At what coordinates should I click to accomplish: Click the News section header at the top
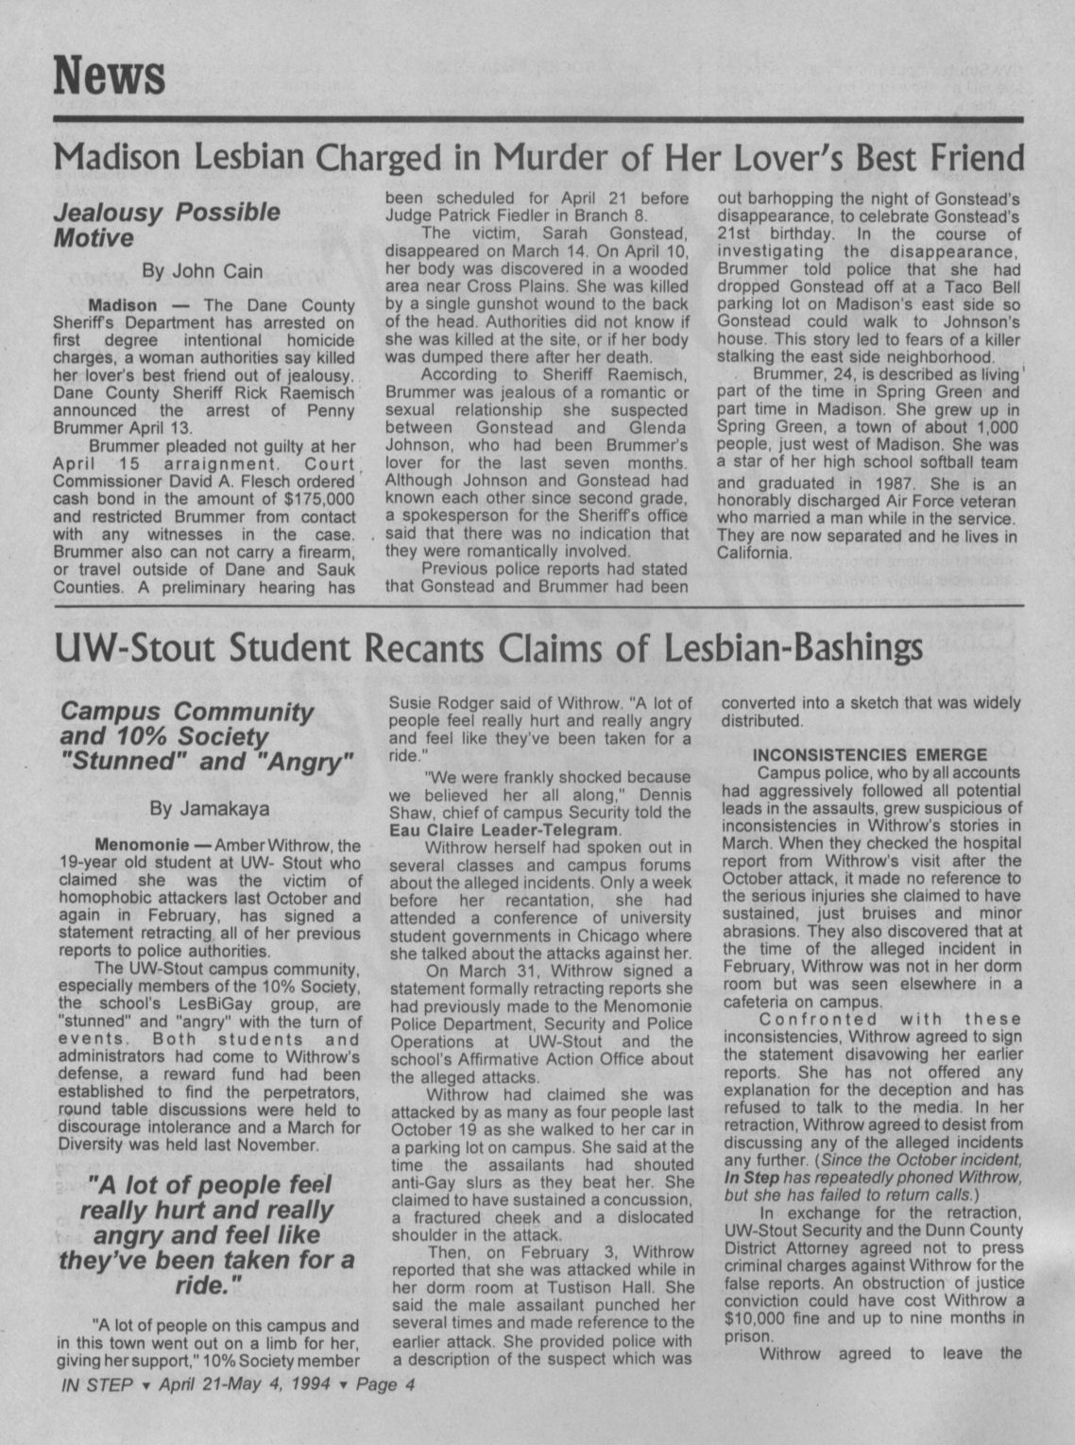(x=110, y=75)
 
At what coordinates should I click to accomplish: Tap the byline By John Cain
(x=202, y=271)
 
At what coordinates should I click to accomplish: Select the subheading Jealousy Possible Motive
(x=166, y=224)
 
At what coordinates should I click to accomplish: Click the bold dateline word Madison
(x=123, y=306)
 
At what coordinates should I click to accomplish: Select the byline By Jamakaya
(x=210, y=809)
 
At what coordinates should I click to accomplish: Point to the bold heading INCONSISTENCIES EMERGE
(x=869, y=754)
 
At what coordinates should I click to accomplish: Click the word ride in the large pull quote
(x=206, y=1285)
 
